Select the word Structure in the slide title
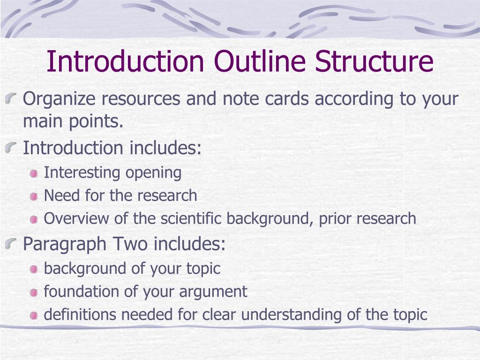tap(374, 62)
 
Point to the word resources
tap(142, 99)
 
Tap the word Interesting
tap(82, 172)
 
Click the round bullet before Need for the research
tap(34, 197)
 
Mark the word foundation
tap(82, 292)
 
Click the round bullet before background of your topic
tap(34, 270)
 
